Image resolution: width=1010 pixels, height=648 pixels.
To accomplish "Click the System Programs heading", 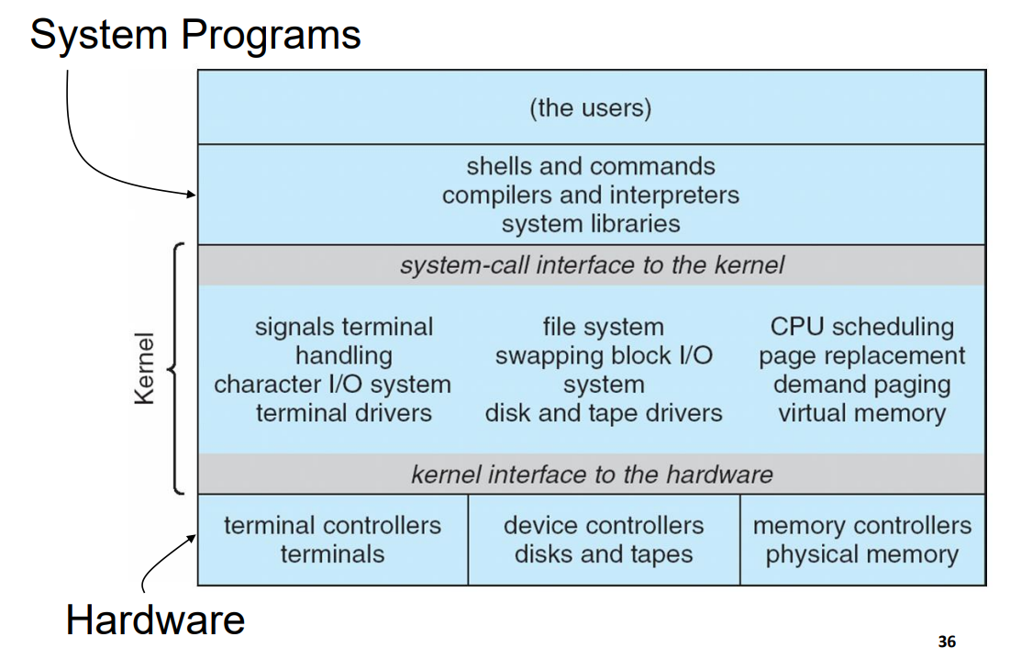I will (x=194, y=36).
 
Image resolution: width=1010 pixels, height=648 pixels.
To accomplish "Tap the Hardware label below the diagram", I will (x=155, y=620).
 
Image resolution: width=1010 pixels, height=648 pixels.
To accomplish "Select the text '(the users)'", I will (x=590, y=108).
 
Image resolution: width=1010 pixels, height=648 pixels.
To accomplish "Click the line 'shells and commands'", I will (x=590, y=166).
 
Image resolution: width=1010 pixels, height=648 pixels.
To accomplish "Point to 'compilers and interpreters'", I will (x=590, y=195).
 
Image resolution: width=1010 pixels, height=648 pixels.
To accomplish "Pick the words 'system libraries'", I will (x=590, y=223).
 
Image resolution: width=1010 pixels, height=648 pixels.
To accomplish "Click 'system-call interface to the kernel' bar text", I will (x=592, y=265).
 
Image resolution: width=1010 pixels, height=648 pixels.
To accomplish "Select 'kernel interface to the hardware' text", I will (x=592, y=475).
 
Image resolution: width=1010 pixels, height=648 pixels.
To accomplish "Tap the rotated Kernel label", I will (x=145, y=368).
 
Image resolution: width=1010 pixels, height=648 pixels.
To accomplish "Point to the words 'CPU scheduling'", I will (x=861, y=327).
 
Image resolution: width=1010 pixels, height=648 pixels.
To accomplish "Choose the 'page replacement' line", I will (x=861, y=355).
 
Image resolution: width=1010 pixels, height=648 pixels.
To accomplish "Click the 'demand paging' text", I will (x=861, y=385).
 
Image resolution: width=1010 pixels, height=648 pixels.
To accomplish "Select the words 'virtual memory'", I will (x=861, y=413).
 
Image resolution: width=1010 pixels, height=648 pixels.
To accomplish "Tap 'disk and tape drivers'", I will (x=604, y=413).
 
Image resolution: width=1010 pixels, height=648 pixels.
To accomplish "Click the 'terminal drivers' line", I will (x=343, y=413).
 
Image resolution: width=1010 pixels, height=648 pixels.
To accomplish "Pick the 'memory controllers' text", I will (x=861, y=526).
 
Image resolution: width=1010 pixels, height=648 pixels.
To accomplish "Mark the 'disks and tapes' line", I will (x=604, y=554).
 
